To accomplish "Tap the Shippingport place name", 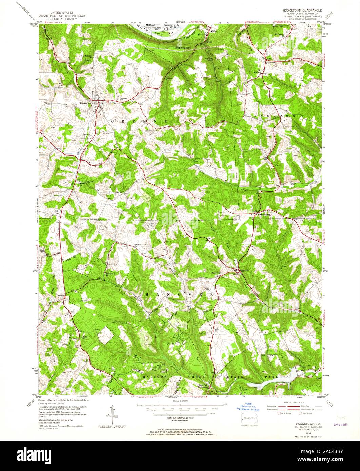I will pyautogui.click(x=183, y=48).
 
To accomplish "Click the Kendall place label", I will pyautogui.click(x=61, y=295).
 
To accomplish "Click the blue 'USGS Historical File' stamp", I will pyautogui.click(x=248, y=407).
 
